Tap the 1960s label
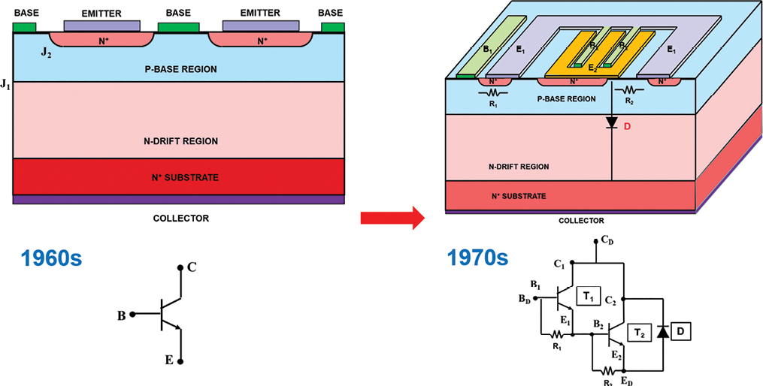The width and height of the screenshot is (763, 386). coord(51,258)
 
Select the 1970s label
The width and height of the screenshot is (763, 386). coord(478,258)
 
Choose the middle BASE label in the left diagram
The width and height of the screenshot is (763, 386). coord(178,13)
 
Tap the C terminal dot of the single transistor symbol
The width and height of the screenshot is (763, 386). coord(180,267)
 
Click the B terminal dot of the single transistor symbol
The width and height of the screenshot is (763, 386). coord(132,315)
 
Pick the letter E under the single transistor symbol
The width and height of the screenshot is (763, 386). coord(169,360)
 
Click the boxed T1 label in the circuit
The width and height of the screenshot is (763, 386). coord(588,297)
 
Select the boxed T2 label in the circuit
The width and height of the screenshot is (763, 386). coord(639,331)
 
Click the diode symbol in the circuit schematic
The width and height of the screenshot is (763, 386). coord(662,331)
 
